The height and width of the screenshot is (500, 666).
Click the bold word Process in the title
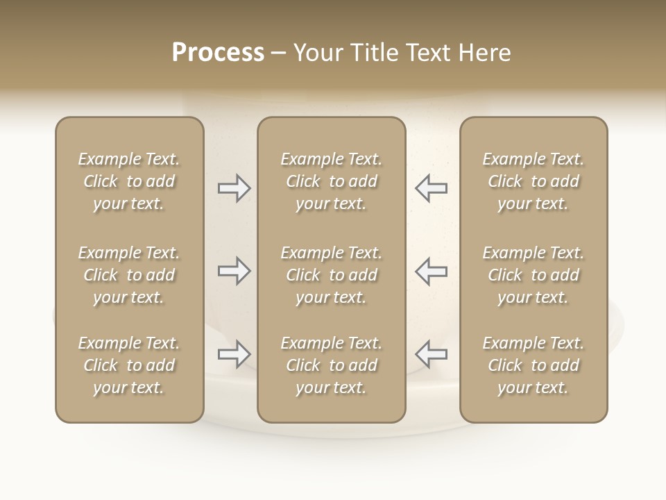point(218,53)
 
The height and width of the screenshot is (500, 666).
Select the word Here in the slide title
point(486,53)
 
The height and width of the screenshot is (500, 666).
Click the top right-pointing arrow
point(234,188)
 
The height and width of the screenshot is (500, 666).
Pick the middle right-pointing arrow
point(234,271)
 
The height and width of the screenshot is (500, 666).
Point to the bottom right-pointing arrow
point(234,354)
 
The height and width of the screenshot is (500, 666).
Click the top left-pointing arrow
point(431,188)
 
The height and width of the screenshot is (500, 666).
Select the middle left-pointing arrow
point(431,271)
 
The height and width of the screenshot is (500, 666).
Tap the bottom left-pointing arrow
point(431,354)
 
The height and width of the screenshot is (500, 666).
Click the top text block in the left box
point(129,181)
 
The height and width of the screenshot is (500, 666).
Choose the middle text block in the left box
point(129,275)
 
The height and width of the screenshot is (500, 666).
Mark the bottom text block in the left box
point(129,365)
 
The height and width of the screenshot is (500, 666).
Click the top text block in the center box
point(331,181)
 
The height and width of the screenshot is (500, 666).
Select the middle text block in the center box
point(331,275)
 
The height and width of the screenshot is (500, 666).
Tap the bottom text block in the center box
point(331,365)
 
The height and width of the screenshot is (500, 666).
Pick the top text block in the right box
point(533,181)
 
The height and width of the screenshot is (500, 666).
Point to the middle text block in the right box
point(533,275)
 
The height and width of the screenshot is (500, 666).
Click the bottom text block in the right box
point(533,365)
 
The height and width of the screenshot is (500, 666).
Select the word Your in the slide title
point(316,53)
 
